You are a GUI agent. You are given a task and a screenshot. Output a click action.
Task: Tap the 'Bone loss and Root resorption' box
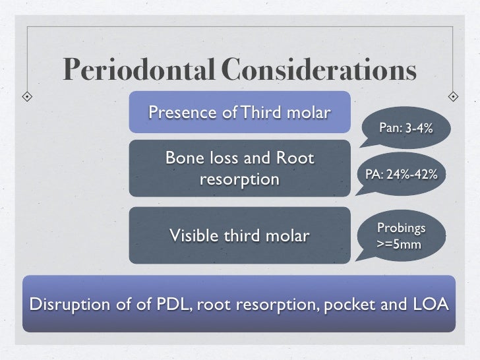(239, 168)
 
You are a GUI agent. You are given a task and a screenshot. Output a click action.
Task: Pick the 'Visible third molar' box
(239, 235)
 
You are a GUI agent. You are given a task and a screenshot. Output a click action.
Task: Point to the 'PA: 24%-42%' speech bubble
(401, 174)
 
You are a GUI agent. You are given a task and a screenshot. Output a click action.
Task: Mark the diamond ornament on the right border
(454, 96)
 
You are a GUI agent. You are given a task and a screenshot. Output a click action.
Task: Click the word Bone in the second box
(183, 159)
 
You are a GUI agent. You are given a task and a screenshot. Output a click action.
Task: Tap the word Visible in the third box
(193, 235)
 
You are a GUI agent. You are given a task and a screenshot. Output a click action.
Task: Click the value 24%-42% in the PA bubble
(413, 174)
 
